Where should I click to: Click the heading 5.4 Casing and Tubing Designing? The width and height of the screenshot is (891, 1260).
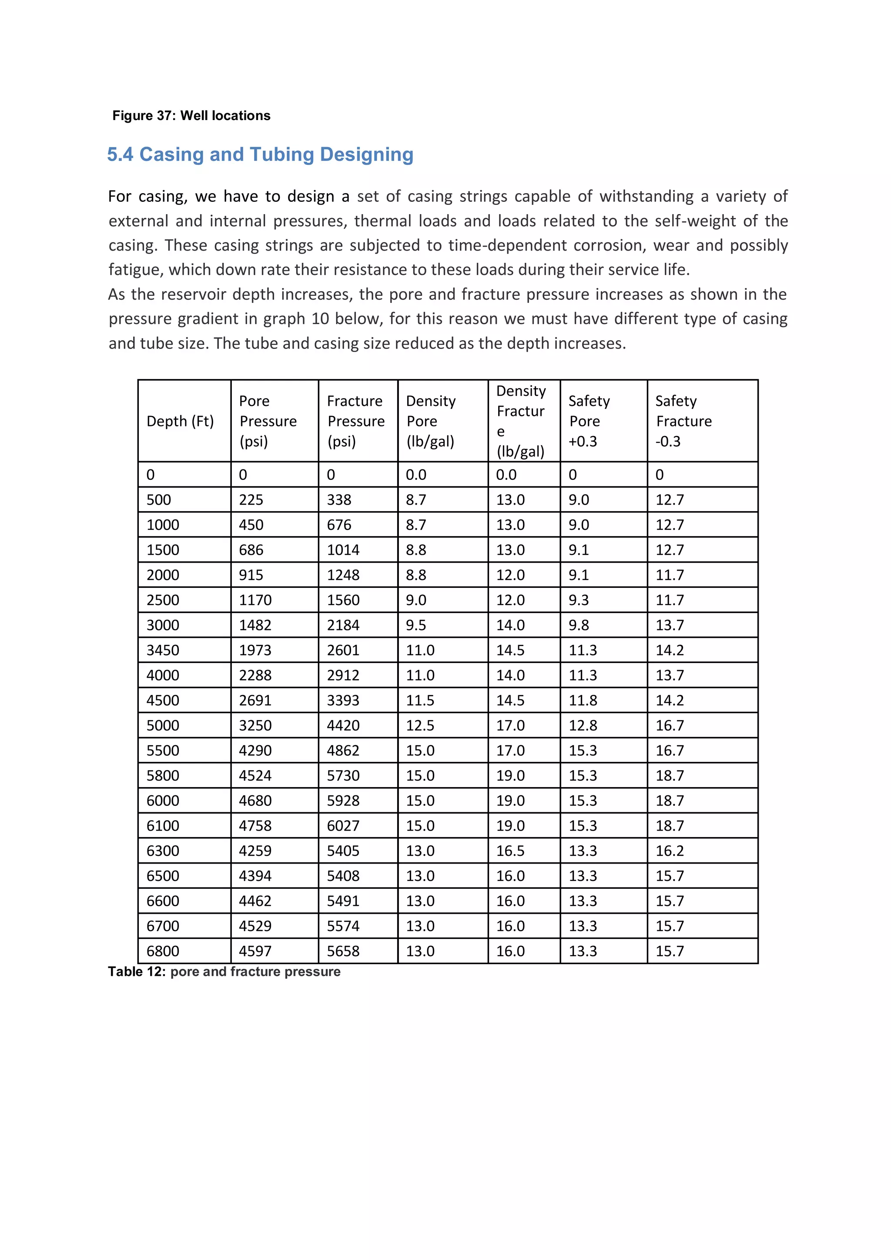(x=260, y=155)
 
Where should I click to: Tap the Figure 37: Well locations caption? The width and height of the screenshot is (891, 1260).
(x=191, y=116)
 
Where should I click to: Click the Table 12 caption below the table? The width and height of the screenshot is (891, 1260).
(x=224, y=972)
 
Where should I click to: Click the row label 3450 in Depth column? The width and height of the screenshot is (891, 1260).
(x=163, y=650)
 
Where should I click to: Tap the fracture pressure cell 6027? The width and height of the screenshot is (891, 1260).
(x=343, y=826)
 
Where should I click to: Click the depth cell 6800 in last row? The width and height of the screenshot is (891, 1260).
(x=163, y=951)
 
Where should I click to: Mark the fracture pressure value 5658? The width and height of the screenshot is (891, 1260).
(x=343, y=951)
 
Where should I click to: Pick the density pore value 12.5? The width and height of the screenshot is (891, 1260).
(x=420, y=725)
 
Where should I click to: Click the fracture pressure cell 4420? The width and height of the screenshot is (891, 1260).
(x=343, y=725)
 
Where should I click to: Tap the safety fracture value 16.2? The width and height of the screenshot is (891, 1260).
(x=670, y=851)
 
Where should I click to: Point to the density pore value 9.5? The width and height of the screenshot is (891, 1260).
(x=416, y=626)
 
